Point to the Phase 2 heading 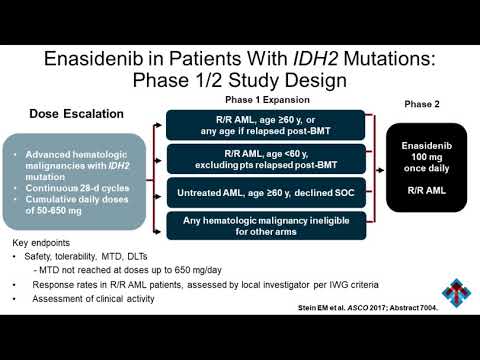click(424, 104)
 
